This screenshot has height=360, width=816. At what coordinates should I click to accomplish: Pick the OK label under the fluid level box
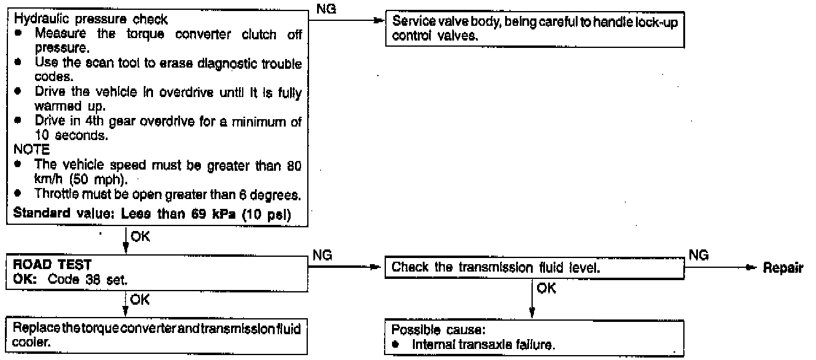(546, 289)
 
